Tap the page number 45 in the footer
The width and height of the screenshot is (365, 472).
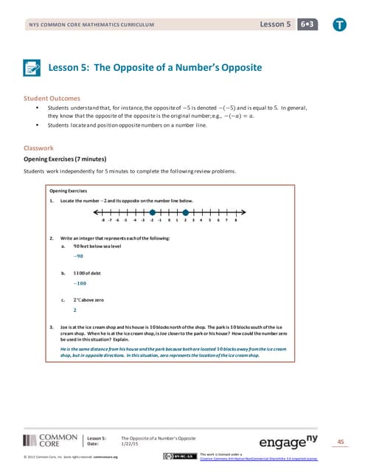pos(340,442)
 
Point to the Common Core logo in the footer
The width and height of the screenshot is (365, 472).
pos(46,441)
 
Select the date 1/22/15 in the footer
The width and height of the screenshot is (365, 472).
pos(131,444)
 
